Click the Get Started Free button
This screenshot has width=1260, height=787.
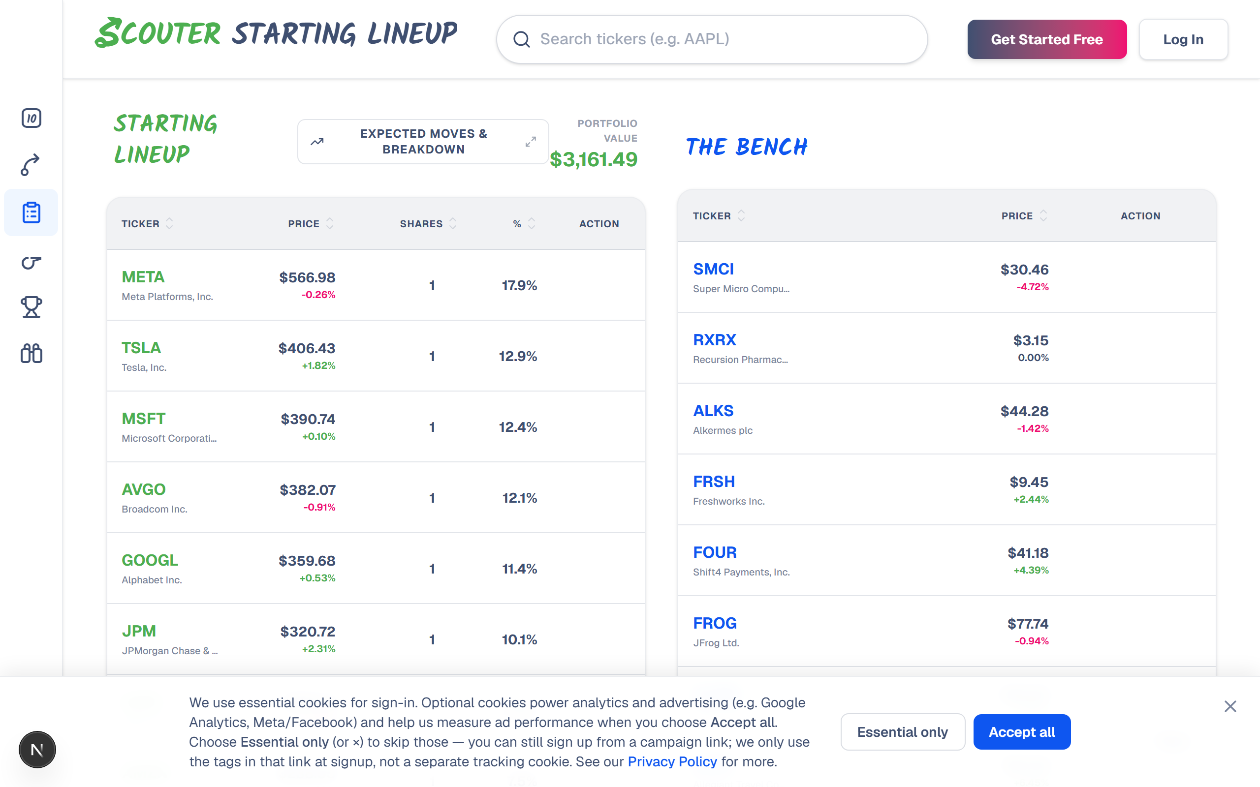(x=1046, y=39)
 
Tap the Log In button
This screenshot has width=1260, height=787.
(x=1183, y=39)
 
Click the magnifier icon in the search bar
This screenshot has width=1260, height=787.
(x=521, y=39)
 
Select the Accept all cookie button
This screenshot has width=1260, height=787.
(x=1022, y=732)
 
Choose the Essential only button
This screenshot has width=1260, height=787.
(x=902, y=732)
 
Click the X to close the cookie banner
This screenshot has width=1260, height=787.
(x=1230, y=706)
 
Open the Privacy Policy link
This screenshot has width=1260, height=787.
(x=672, y=761)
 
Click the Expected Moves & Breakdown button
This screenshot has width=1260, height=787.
(x=423, y=142)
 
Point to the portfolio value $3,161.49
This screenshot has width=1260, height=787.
(x=594, y=159)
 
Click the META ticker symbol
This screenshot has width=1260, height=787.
(x=143, y=277)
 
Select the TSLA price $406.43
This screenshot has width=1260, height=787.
(x=307, y=348)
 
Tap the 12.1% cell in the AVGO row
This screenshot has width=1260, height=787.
(x=519, y=498)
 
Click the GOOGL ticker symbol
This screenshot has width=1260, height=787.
(x=150, y=560)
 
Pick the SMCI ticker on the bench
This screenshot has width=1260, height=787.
(x=713, y=269)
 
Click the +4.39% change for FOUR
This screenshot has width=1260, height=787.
(x=1031, y=570)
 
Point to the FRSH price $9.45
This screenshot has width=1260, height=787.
(x=1029, y=482)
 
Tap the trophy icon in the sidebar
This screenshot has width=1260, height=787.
(x=31, y=307)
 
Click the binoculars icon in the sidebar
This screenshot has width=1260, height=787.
(x=31, y=354)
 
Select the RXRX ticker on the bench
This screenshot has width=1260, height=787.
(x=714, y=340)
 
